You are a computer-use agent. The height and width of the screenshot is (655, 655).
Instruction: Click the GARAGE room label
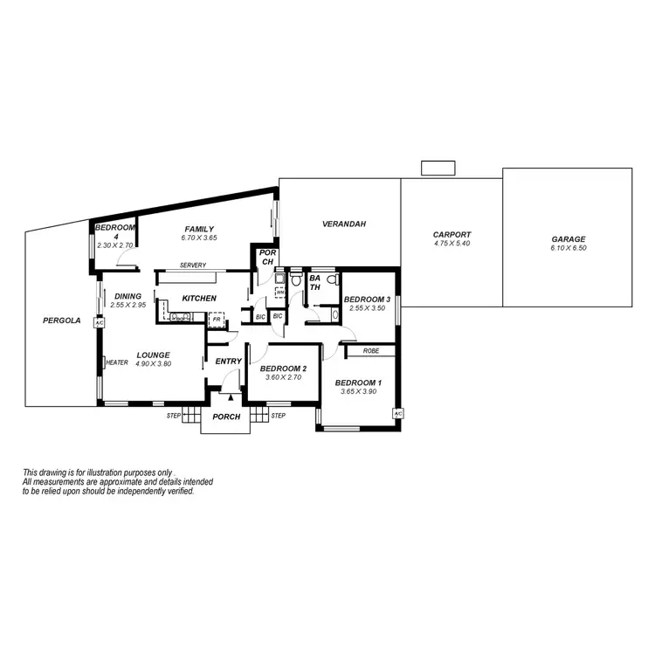pyautogui.click(x=568, y=239)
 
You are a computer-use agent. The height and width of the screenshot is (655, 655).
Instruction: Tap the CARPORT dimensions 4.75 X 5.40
pyautogui.click(x=452, y=244)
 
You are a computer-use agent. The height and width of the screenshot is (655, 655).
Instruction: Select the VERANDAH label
pyautogui.click(x=343, y=224)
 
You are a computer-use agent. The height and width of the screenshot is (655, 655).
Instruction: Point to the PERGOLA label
pyautogui.click(x=61, y=321)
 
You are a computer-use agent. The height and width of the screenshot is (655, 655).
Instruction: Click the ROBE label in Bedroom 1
pyautogui.click(x=371, y=350)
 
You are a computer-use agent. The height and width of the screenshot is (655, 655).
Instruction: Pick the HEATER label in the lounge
pyautogui.click(x=117, y=362)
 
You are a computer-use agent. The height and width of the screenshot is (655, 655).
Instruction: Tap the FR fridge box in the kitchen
pyautogui.click(x=216, y=321)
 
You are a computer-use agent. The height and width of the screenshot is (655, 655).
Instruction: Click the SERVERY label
pyautogui.click(x=192, y=265)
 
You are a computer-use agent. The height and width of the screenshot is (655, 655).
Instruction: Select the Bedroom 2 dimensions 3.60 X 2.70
pyautogui.click(x=283, y=377)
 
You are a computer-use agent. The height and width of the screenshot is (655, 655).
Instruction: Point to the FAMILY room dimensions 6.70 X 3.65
pyautogui.click(x=198, y=238)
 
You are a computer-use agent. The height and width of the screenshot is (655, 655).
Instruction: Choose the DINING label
pyautogui.click(x=128, y=296)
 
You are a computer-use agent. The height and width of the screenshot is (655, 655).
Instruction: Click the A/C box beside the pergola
pyautogui.click(x=99, y=322)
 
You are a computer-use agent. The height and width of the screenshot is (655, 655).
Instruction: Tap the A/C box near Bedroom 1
pyautogui.click(x=397, y=413)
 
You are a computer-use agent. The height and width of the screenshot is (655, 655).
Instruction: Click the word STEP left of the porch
pyautogui.click(x=173, y=416)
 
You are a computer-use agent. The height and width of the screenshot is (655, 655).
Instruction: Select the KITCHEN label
pyautogui.click(x=198, y=299)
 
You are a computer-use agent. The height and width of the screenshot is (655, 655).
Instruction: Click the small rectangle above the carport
pyautogui.click(x=433, y=168)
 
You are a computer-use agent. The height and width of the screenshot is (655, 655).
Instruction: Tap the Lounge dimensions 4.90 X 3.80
pyautogui.click(x=154, y=363)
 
